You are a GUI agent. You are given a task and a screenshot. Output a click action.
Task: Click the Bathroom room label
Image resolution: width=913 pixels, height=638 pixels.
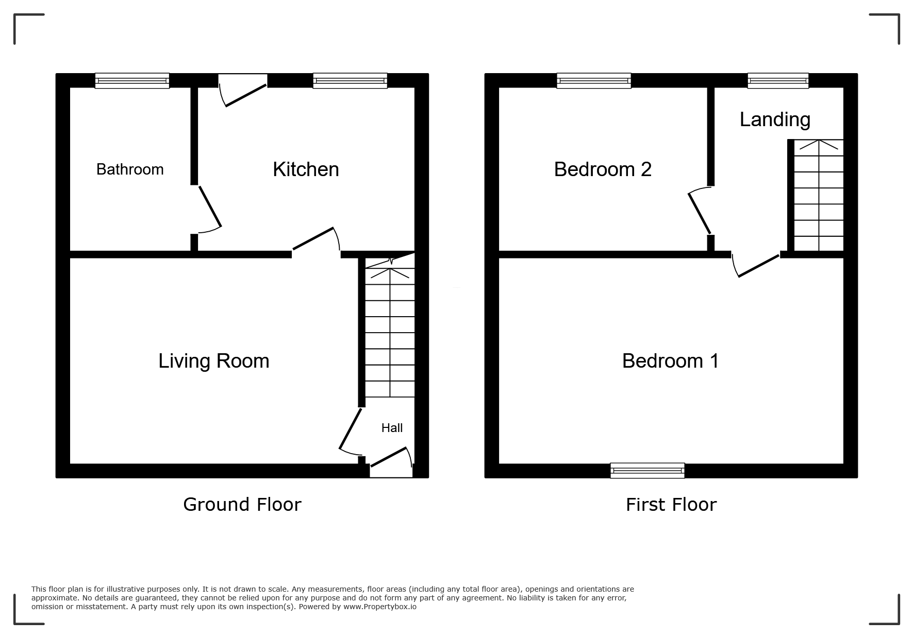[130, 169]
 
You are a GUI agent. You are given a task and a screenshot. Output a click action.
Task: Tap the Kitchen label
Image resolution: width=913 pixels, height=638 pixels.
[306, 169]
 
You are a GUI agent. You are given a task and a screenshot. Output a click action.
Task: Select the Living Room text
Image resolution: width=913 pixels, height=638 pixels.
[214, 361]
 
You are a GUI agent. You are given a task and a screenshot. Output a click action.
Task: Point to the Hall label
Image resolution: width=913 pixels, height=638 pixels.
[392, 428]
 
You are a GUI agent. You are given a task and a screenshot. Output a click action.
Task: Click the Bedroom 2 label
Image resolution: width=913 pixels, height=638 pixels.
[603, 169]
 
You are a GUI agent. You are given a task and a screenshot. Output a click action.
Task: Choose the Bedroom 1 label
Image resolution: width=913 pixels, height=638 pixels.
[670, 361]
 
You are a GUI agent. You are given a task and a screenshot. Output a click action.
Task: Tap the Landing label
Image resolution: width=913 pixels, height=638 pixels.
[775, 119]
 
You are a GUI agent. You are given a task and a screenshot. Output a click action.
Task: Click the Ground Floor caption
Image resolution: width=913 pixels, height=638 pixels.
[242, 505]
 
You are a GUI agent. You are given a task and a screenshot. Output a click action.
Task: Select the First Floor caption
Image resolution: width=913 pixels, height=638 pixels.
[671, 505]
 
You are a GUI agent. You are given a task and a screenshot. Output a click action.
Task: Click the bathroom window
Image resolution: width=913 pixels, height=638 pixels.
[132, 80]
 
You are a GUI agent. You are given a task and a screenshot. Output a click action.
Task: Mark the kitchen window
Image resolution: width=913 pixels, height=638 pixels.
[350, 80]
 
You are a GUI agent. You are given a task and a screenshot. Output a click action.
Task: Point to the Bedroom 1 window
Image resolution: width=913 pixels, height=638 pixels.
[648, 471]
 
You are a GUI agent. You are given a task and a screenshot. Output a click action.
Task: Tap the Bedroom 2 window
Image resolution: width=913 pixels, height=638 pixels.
[594, 80]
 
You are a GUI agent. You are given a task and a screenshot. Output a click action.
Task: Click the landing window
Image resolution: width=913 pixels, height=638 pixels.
[778, 80]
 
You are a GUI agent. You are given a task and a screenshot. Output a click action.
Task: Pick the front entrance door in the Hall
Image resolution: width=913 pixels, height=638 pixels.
[391, 458]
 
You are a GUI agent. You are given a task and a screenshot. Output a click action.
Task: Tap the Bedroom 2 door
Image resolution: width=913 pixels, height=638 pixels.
[699, 211]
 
